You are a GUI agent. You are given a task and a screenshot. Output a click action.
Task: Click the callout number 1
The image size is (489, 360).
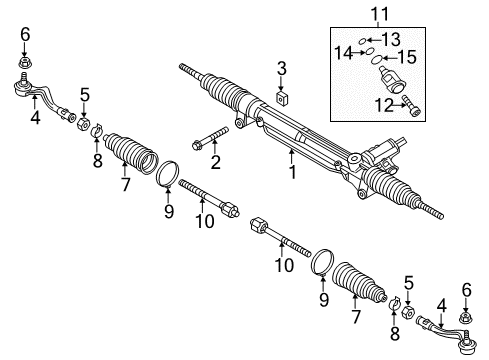point(293,172)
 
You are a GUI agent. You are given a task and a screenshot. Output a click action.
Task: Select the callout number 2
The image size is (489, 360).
point(216,162)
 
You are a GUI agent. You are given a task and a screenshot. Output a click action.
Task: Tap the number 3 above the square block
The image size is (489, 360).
point(282,68)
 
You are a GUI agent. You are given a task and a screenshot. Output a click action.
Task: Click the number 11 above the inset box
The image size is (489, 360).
point(380,14)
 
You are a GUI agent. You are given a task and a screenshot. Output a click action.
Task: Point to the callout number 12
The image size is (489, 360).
point(384,105)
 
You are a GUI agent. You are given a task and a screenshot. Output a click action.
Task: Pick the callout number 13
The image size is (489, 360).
point(391,40)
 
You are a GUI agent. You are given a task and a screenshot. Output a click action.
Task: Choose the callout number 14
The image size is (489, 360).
point(343,53)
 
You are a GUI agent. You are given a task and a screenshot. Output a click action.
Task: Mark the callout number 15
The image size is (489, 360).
point(407,57)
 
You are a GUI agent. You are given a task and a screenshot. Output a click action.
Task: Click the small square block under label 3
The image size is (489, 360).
point(283,99)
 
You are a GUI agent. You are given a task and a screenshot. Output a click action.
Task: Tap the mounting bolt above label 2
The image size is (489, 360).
point(210,137)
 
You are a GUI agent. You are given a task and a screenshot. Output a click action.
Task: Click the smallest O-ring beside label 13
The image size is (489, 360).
point(362,41)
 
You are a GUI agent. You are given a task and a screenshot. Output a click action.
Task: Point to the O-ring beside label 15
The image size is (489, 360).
point(377,60)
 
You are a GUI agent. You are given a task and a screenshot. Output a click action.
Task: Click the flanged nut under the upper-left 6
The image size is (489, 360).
point(25,62)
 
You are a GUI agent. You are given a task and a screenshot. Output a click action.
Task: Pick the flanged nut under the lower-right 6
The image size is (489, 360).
point(466,317)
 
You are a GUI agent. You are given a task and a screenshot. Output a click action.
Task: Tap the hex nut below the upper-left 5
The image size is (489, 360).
point(83,124)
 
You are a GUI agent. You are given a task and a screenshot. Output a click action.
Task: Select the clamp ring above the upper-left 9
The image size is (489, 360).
point(167,173)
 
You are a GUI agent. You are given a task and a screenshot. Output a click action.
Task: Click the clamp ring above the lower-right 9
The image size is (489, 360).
point(323,263)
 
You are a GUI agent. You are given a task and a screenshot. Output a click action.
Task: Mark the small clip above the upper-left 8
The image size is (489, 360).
point(97,130)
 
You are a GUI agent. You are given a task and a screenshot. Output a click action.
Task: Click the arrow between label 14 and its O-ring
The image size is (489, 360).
point(359,52)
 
